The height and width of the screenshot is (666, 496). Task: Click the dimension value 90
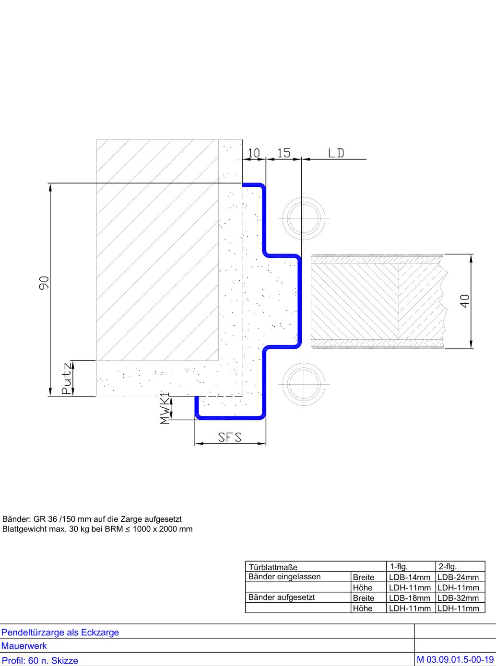click(x=44, y=282)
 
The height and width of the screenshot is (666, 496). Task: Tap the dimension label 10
click(x=254, y=153)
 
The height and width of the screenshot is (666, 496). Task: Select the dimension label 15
click(x=284, y=153)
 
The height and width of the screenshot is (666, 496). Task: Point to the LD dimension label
click(x=336, y=153)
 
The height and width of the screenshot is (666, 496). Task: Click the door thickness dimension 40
click(x=465, y=301)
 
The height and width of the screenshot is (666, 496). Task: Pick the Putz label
click(x=67, y=378)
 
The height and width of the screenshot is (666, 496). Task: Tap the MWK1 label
click(x=165, y=408)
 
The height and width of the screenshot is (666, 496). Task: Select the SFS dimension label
click(x=230, y=437)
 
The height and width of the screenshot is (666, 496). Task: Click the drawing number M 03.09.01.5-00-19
click(x=455, y=660)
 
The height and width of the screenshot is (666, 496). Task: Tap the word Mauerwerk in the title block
click(x=24, y=646)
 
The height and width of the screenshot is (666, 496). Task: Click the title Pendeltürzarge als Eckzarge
click(x=60, y=632)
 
